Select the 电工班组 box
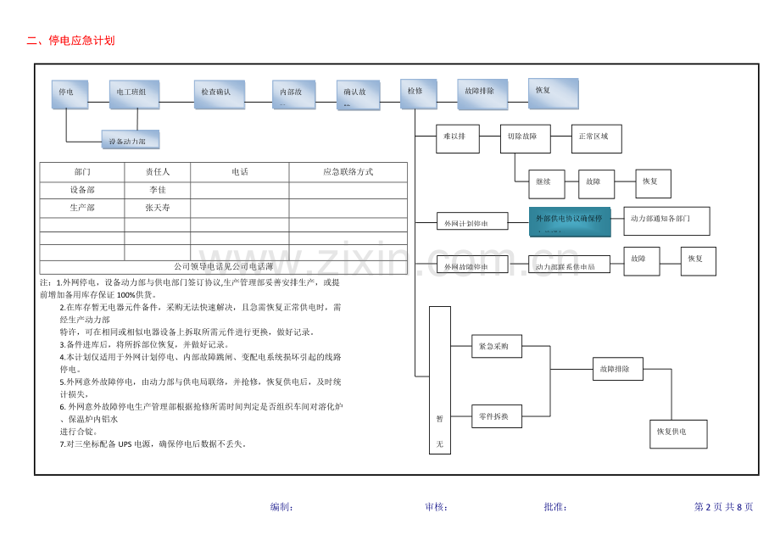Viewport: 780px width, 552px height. pos(134,93)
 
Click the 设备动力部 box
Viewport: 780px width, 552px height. pos(130,140)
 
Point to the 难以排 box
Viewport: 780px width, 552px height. pos(457,138)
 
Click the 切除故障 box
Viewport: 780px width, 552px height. pos(525,138)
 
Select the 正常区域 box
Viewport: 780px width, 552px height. pos(596,138)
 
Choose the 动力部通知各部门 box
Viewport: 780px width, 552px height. pos(666,220)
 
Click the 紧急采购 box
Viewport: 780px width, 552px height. pos(496,347)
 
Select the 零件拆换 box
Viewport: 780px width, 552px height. pos(496,416)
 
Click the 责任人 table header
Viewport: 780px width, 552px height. pos(157,171)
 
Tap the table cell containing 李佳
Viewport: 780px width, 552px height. pos(157,190)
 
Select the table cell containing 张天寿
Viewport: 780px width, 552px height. pos(157,208)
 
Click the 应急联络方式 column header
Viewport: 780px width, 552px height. pos(348,171)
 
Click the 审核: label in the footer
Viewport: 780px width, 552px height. pos(436,507)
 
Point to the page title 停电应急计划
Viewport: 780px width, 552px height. pos(81,40)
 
